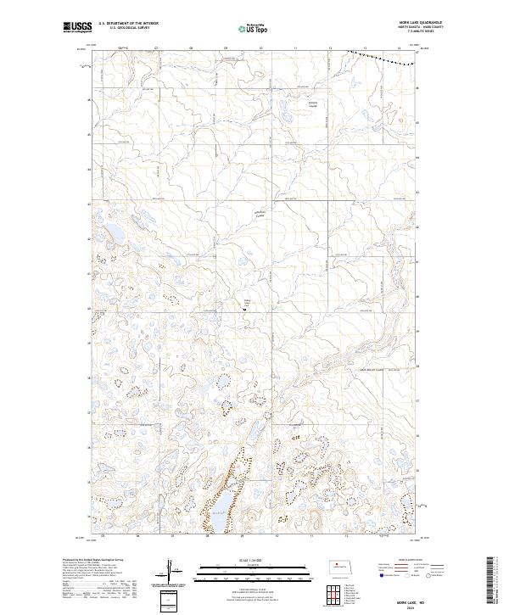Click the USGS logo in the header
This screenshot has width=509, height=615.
tap(76, 28)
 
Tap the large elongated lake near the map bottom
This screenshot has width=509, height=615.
tap(215, 507)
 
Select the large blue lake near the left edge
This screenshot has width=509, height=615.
tap(111, 234)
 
